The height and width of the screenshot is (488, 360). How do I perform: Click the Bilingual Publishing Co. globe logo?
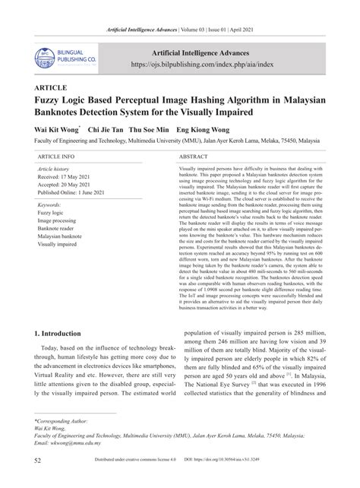(45, 55)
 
